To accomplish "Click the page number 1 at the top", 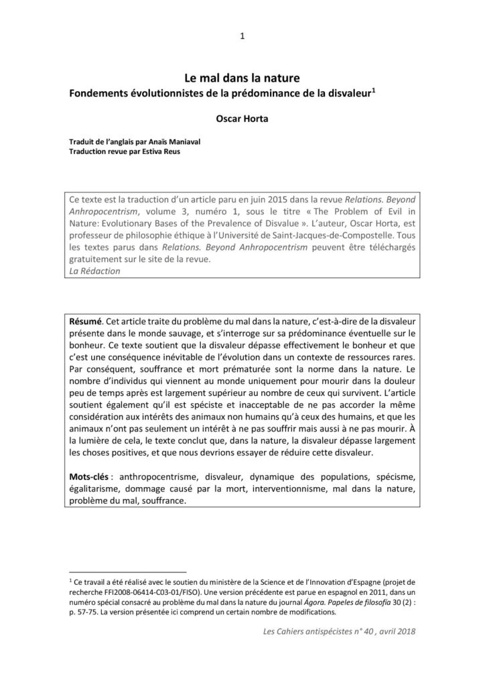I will (x=242, y=36).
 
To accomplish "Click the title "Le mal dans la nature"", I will (x=242, y=79).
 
